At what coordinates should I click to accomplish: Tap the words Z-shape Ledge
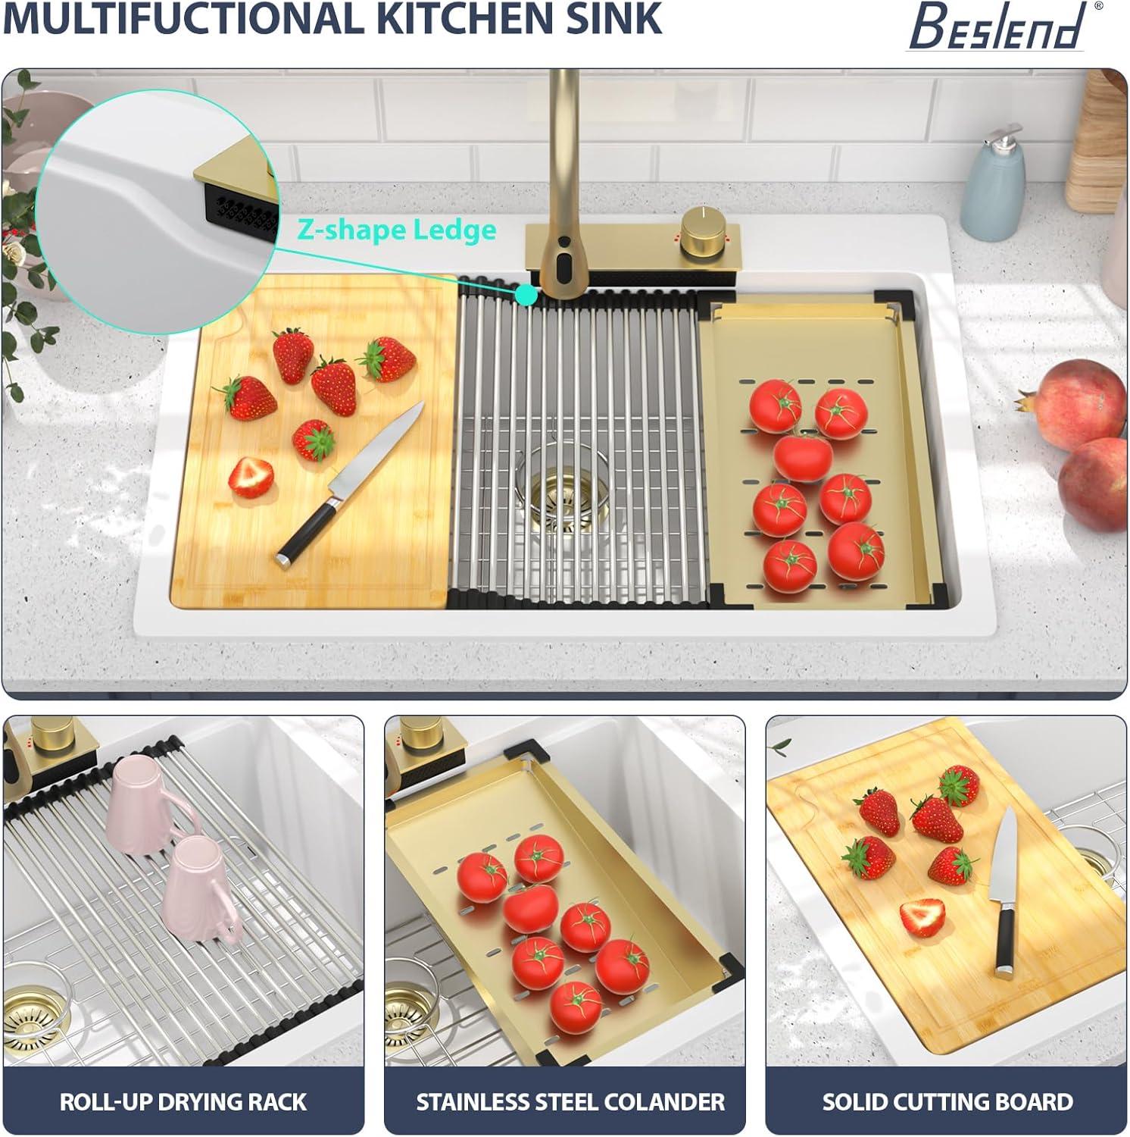(x=397, y=230)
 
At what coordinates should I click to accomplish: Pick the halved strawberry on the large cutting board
(x=251, y=476)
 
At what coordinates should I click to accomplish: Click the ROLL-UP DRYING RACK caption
(x=183, y=1101)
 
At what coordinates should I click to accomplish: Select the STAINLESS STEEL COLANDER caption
(x=570, y=1101)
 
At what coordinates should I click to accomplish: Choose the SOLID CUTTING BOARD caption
(x=947, y=1101)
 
